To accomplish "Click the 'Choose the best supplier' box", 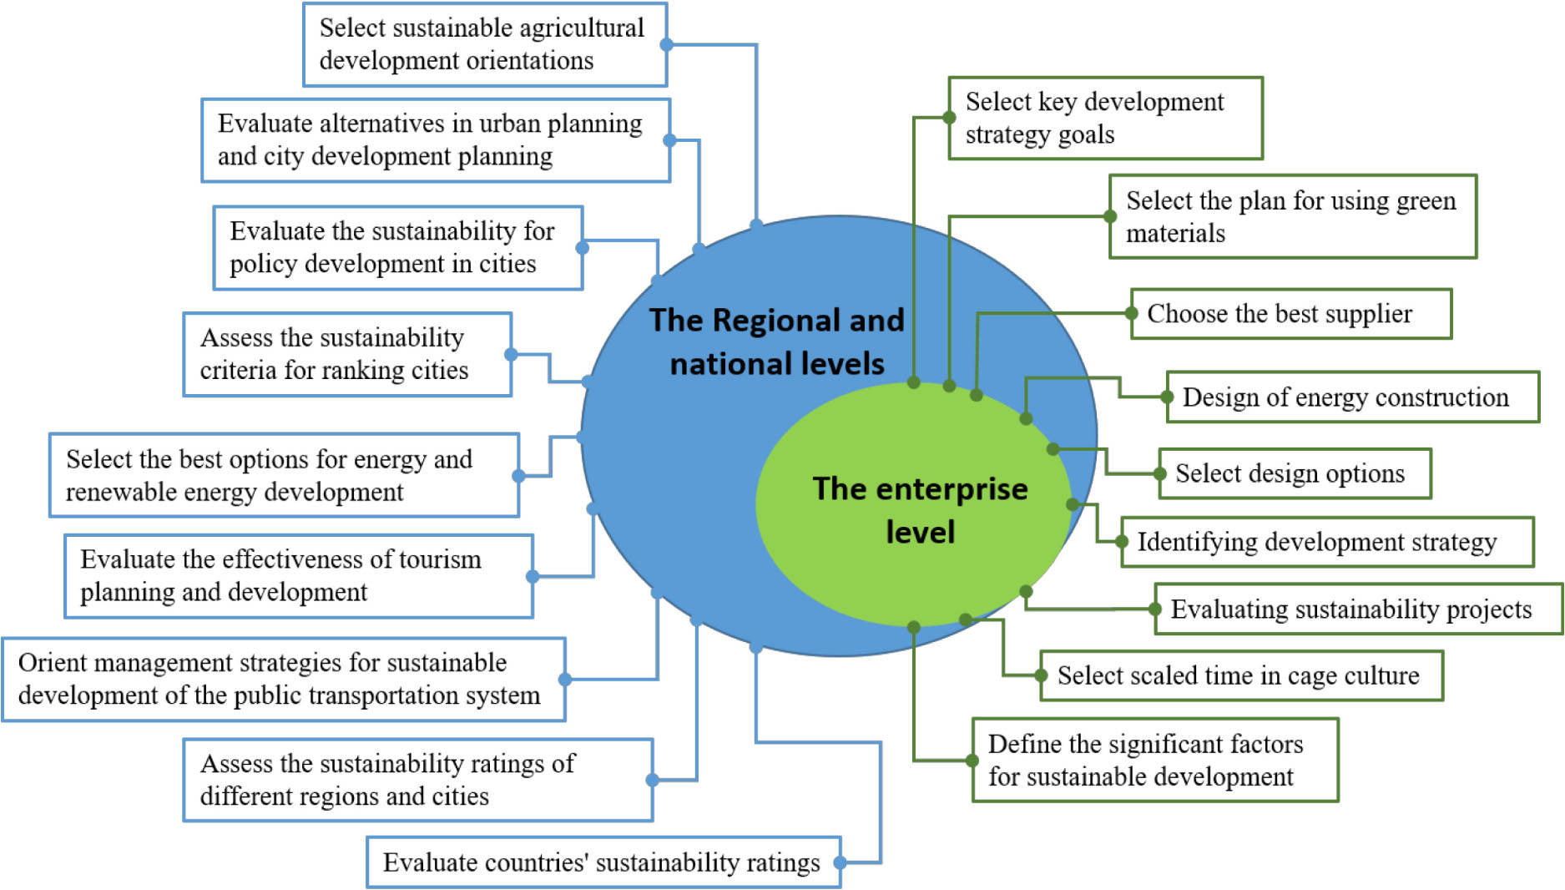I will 1290,314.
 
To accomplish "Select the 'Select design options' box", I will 1295,473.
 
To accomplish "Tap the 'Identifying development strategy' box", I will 1327,542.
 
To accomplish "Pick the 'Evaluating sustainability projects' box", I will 1358,609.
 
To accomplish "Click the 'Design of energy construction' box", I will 1352,397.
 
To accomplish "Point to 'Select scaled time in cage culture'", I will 1241,675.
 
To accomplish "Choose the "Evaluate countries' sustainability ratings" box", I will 603,862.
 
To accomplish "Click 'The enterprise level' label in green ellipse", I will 920,510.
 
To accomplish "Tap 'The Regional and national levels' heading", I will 777,341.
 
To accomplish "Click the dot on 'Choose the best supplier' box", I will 1132,314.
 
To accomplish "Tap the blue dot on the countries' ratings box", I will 841,862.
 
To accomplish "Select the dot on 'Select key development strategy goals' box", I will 949,118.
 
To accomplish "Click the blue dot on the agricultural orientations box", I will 666,45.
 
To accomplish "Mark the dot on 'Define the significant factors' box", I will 972,761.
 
